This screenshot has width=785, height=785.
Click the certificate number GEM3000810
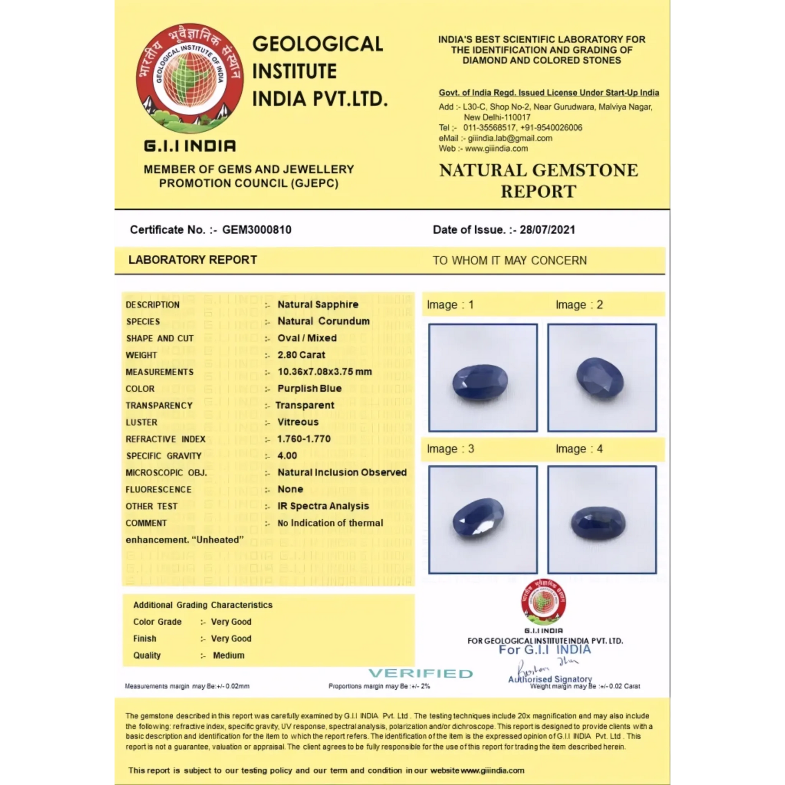tap(256, 230)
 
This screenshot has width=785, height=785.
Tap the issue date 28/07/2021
tap(547, 230)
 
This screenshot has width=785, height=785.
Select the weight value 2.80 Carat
tap(301, 355)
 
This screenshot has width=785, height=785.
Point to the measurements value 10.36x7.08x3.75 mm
tap(325, 372)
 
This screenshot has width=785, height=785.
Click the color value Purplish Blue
tap(310, 388)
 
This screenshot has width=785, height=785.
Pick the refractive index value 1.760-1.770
tap(304, 439)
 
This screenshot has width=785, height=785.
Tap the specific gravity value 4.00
tap(287, 455)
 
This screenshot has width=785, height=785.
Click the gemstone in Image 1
tap(480, 381)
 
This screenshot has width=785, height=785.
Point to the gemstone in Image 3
tap(478, 520)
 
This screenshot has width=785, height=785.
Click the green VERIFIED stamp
tap(421, 673)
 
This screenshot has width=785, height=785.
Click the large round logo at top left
tap(190, 78)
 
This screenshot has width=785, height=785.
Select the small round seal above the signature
tap(543, 602)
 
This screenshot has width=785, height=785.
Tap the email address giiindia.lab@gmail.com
tap(510, 138)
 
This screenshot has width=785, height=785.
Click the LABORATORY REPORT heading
tap(193, 260)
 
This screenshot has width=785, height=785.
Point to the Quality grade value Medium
tap(229, 655)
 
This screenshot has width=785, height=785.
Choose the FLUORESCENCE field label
tap(158, 489)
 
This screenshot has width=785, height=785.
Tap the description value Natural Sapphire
tap(318, 305)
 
